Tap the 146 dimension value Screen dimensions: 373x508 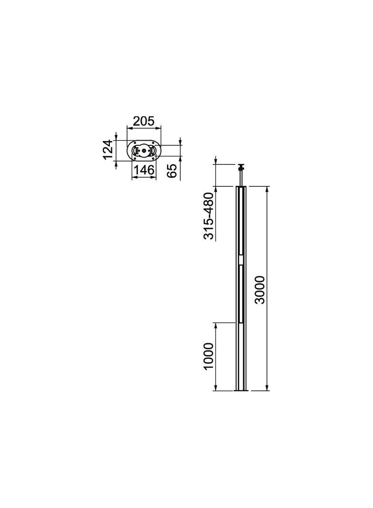pyautogui.click(x=144, y=170)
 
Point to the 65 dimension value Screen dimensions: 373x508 pyautogui.click(x=172, y=171)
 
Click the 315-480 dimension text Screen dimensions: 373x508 pyautogui.click(x=209, y=216)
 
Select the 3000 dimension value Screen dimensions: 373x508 pyautogui.click(x=259, y=290)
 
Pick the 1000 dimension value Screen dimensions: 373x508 pyautogui.click(x=209, y=356)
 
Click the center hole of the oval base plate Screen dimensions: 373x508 pyautogui.click(x=144, y=150)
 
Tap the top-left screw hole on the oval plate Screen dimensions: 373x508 pyautogui.click(x=135, y=142)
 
